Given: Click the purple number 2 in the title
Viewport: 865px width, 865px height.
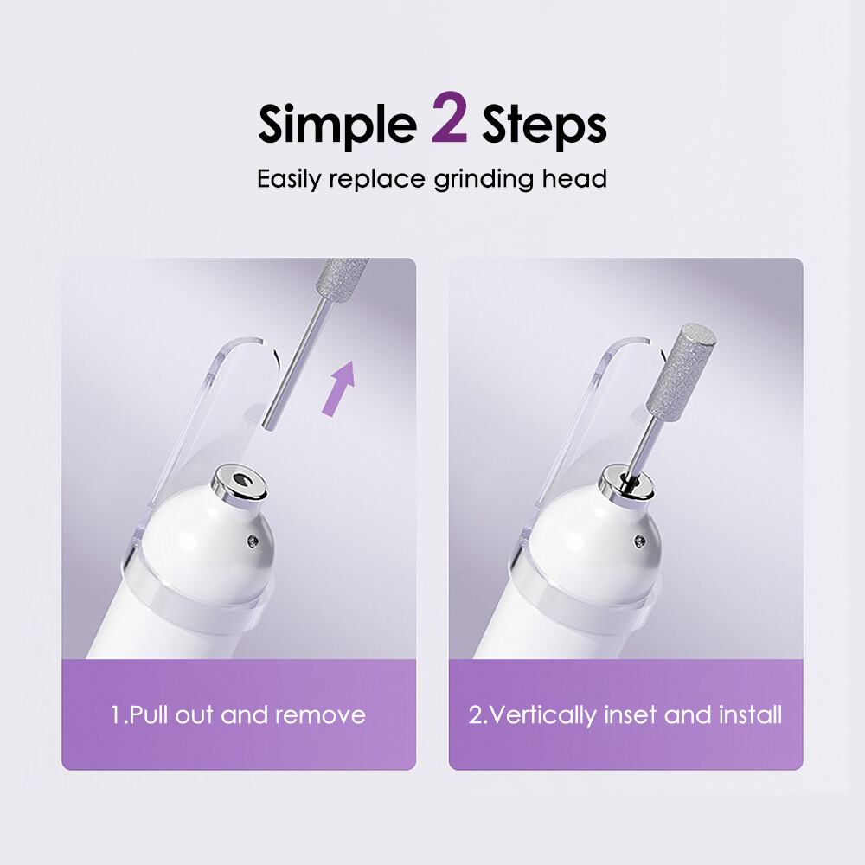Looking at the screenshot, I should click(x=449, y=124).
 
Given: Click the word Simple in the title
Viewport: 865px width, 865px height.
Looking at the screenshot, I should click(x=336, y=125).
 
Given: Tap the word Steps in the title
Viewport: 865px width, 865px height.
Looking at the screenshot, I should click(x=544, y=126).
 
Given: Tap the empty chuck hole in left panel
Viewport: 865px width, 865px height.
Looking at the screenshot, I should click(x=235, y=477).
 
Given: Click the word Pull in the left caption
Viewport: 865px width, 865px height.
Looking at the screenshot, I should click(x=152, y=715).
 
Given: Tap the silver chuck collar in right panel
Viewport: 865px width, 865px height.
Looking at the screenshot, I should click(x=623, y=484).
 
